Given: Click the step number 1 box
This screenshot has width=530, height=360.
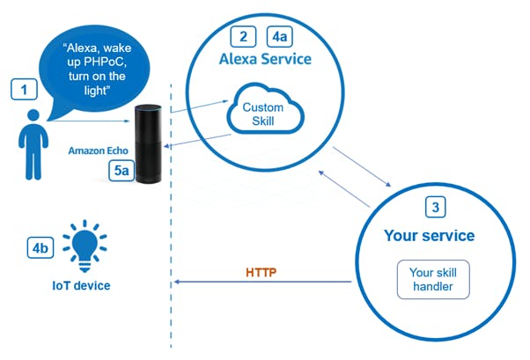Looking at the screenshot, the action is (x=24, y=90).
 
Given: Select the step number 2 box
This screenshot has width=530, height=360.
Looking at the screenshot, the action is (x=243, y=36).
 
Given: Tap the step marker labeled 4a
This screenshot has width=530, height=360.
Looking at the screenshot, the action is (x=280, y=36).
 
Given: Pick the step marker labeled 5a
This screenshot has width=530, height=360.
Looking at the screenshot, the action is (x=121, y=171).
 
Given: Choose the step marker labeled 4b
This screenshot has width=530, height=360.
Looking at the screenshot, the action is (x=40, y=247).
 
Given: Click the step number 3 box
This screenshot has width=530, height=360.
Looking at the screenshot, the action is (x=435, y=207).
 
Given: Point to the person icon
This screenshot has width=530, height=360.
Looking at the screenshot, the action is (x=33, y=144).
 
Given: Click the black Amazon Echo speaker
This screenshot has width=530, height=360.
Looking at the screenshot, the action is (x=149, y=144).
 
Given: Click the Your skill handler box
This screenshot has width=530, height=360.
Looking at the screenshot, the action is (x=433, y=280).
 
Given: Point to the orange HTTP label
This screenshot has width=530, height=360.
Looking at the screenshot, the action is (x=261, y=272).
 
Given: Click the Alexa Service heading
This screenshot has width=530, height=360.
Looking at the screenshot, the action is (x=265, y=59).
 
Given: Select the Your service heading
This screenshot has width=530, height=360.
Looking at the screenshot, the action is (x=430, y=236).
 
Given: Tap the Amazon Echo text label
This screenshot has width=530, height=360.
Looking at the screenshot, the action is (x=99, y=151).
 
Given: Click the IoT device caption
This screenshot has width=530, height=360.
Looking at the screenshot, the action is (x=81, y=286).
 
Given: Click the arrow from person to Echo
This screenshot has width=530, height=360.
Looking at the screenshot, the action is (x=89, y=121).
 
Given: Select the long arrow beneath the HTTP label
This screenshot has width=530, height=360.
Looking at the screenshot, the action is (x=262, y=282).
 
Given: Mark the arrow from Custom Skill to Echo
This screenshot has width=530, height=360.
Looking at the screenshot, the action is (x=197, y=141).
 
